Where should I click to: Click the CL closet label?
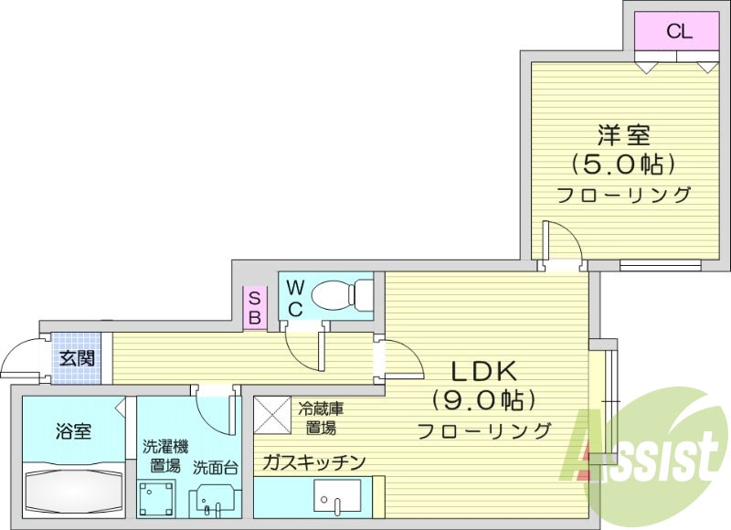[x=678, y=32]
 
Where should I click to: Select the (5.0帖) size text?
[x=624, y=165]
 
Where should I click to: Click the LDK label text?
[x=484, y=372]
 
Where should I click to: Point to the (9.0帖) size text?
[x=484, y=401]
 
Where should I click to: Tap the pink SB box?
[x=255, y=307]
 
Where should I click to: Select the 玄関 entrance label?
[x=77, y=358]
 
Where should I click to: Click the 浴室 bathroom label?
[x=73, y=431]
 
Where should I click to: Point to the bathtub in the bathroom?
[x=73, y=491]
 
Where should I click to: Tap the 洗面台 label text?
[x=216, y=467]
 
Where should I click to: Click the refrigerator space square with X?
[x=271, y=414]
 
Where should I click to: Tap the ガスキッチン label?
[x=313, y=461]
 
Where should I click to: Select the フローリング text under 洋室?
[x=624, y=194]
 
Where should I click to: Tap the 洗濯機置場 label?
[x=164, y=456]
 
